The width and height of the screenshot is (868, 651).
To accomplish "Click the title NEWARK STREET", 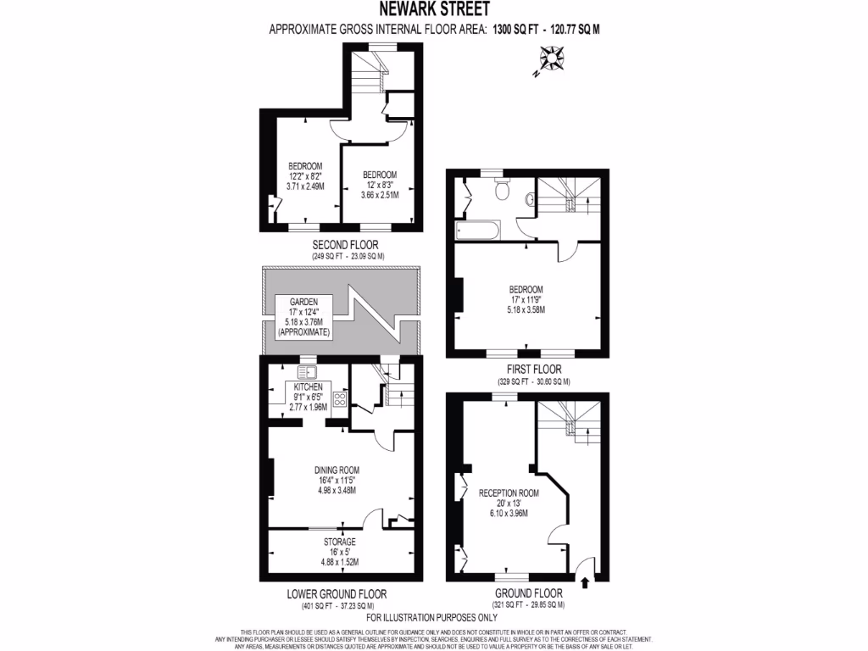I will tap(433, 10).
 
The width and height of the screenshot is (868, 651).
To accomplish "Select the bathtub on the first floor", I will tap(477, 230).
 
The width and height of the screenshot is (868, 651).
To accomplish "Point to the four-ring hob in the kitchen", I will tap(340, 399).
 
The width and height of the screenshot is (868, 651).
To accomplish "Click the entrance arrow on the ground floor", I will tap(585, 581).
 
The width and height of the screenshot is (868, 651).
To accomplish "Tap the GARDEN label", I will tap(303, 302).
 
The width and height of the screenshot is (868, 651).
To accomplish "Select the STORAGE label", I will tap(338, 542).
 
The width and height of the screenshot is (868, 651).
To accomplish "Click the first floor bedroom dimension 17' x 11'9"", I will tap(526, 299).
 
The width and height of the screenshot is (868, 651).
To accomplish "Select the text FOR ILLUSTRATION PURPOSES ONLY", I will tap(431, 617).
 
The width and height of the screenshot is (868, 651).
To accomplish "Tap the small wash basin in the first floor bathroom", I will tap(530, 200).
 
